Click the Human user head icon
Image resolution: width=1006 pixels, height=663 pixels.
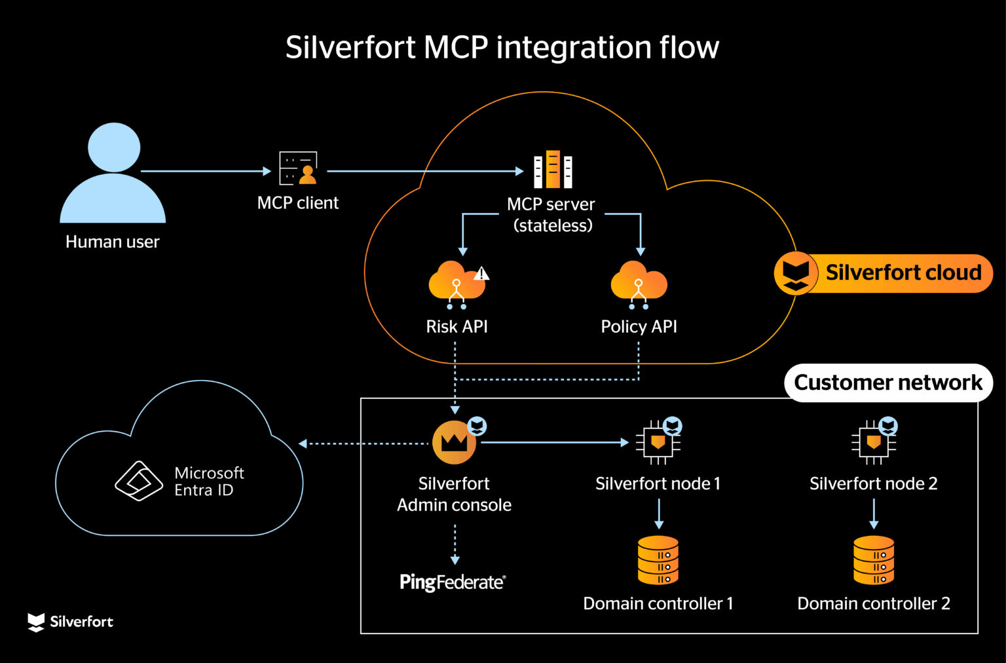114,147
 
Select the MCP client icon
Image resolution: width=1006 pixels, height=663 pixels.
298,168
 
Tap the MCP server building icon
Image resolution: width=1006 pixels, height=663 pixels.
553,170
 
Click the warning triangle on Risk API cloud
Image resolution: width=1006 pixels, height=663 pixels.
481,273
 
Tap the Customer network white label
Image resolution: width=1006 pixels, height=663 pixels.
887,383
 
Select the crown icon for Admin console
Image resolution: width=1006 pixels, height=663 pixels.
454,443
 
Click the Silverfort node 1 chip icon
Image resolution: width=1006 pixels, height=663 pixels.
658,443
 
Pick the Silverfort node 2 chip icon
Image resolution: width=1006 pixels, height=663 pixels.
873,443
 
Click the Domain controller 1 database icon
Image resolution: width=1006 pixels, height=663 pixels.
658,560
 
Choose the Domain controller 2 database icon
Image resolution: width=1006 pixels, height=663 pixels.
874,560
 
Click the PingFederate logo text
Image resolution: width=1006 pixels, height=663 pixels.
453,582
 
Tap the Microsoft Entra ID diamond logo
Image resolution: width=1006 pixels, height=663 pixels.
139,482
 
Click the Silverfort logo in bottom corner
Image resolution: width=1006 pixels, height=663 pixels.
71,622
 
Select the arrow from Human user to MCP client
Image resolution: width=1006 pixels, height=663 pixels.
206,171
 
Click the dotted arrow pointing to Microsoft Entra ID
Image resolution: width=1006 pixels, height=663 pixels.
363,444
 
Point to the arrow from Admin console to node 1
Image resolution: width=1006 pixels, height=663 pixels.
554,443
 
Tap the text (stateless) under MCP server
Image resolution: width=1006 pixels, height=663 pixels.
553,226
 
